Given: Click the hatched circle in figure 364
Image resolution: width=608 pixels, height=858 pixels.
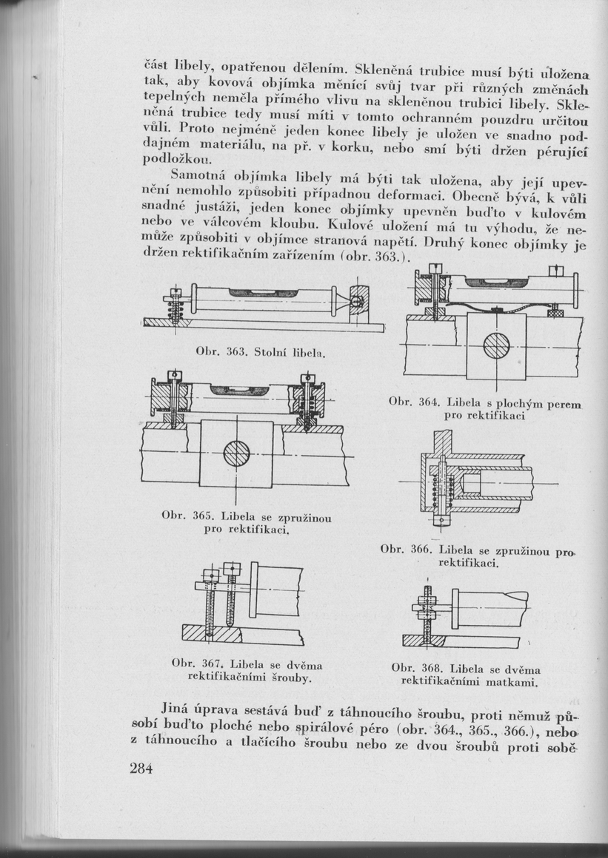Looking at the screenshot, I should pyautogui.click(x=495, y=345).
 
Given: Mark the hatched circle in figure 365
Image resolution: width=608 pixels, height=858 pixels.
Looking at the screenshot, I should pyautogui.click(x=236, y=453).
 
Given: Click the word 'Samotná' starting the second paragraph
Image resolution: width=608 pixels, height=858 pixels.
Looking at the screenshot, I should pyautogui.click(x=198, y=177).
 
